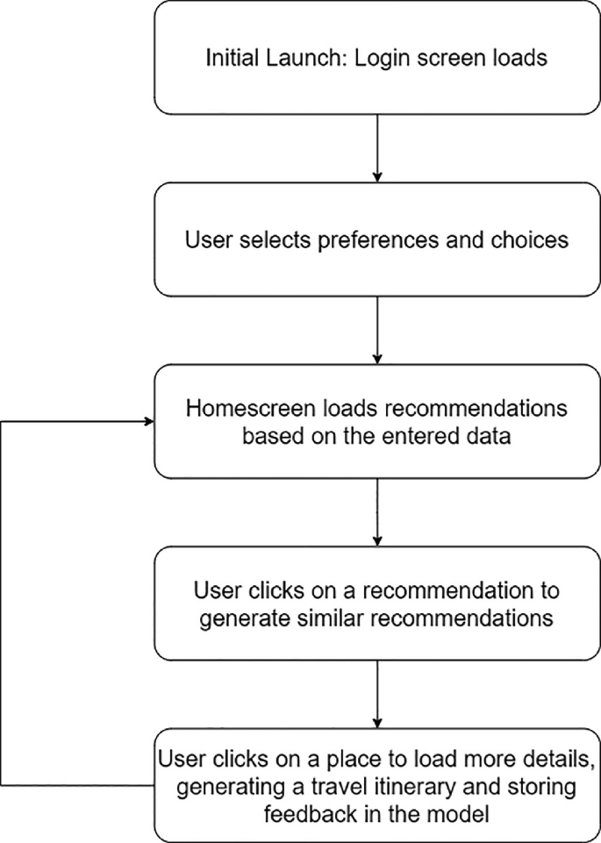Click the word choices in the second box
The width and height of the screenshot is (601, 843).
tap(531, 239)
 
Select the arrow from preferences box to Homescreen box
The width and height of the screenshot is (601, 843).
tap(377, 330)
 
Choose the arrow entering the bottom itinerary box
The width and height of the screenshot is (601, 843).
tap(377, 693)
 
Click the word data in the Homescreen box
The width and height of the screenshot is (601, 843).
tap(483, 435)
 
